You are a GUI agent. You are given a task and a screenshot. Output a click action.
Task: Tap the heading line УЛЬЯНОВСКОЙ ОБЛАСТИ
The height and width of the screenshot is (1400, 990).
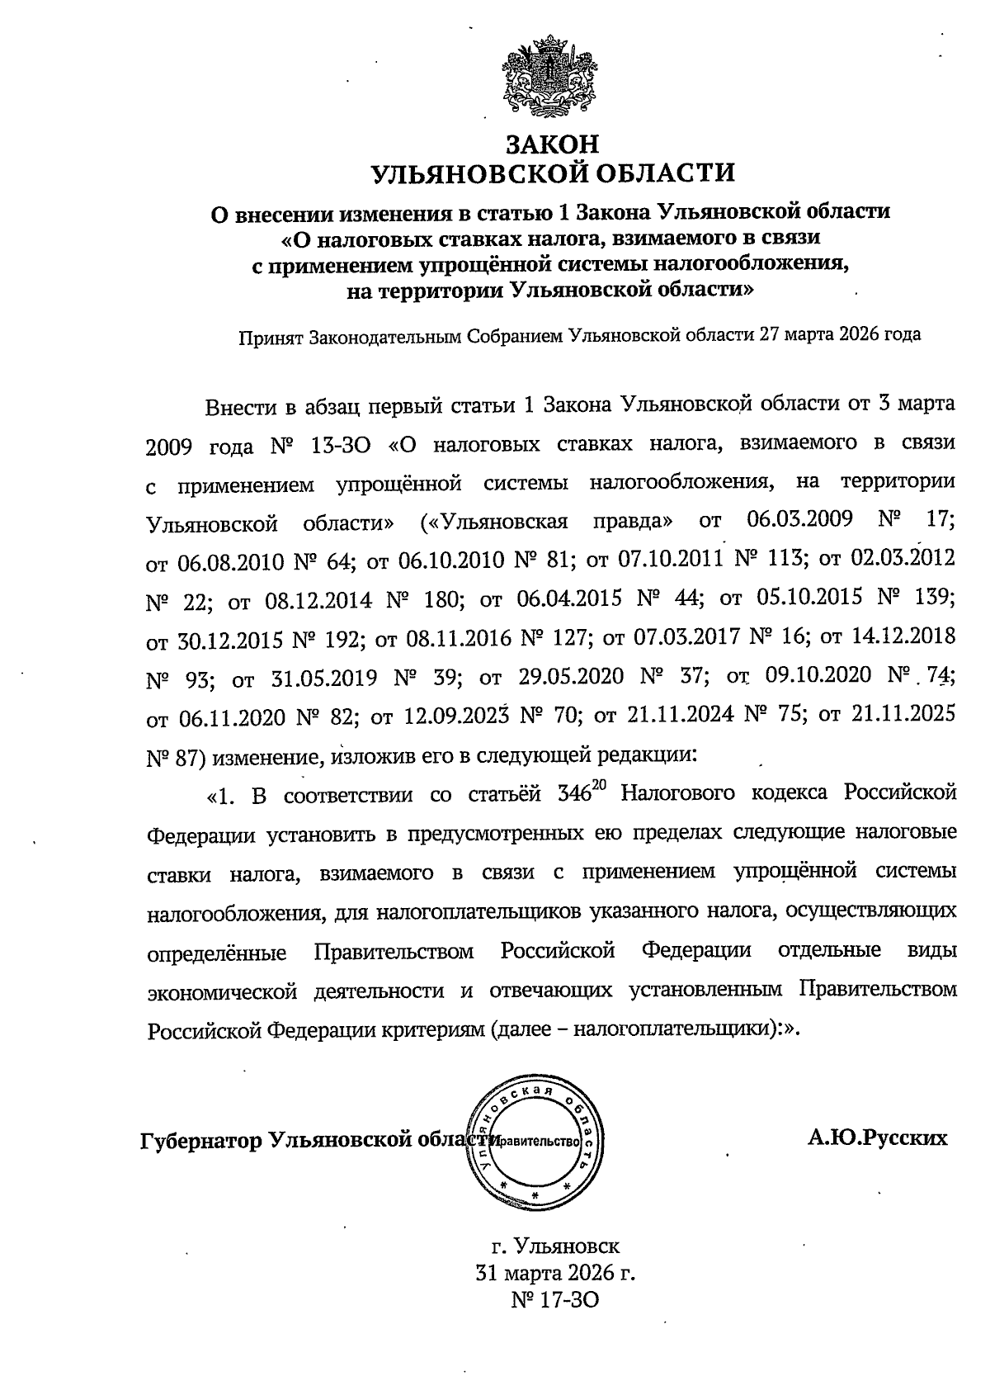pos(552,173)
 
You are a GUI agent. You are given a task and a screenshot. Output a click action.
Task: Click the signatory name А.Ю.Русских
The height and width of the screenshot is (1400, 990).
pos(877,1139)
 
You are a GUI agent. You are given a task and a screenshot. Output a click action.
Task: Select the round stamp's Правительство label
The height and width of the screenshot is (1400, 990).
pos(536,1142)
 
